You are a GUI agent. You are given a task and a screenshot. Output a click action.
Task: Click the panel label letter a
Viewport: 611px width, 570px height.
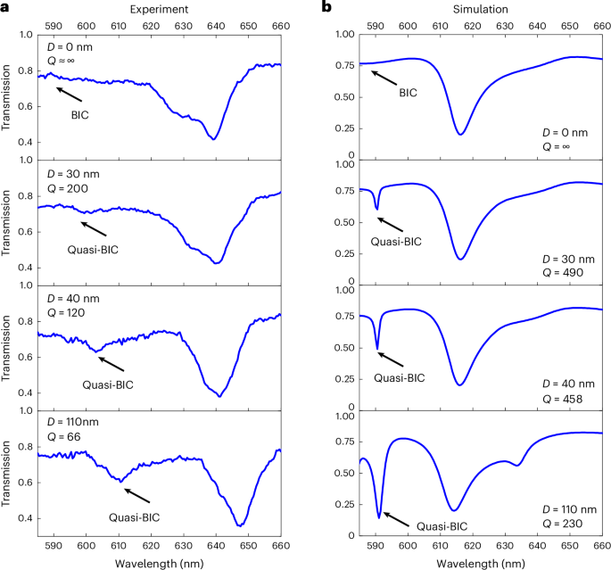coord(5,6)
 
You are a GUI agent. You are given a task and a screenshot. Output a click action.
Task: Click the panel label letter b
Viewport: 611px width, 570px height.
coord(326,6)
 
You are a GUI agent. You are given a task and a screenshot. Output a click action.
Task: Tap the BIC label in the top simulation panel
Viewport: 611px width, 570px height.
coord(407,92)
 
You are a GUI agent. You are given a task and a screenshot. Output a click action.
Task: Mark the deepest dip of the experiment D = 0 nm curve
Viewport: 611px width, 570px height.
coord(214,139)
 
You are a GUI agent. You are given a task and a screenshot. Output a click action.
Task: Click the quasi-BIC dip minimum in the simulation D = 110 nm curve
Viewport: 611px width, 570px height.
coord(379,516)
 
